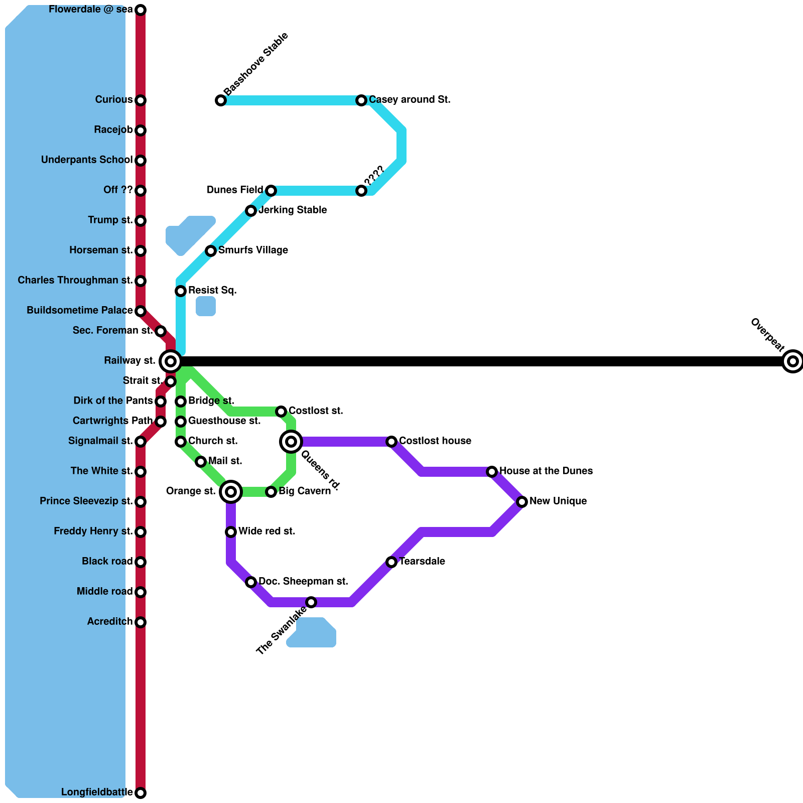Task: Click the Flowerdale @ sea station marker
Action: pyautogui.click(x=141, y=10)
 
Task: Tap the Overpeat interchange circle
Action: pyautogui.click(x=793, y=361)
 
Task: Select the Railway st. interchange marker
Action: pyautogui.click(x=171, y=361)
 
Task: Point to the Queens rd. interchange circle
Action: pyautogui.click(x=291, y=442)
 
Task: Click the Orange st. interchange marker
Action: pyautogui.click(x=231, y=492)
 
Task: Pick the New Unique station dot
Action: pyautogui.click(x=522, y=502)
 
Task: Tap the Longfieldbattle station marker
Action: pyautogui.click(x=141, y=793)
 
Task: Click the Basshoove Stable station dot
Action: pyautogui.click(x=221, y=100)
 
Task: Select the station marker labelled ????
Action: pyautogui.click(x=361, y=191)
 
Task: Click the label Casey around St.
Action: pyautogui.click(x=410, y=100)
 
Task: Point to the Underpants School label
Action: pyautogui.click(x=87, y=160)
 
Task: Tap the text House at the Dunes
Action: pyautogui.click(x=546, y=471)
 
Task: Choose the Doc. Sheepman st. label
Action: pyautogui.click(x=303, y=582)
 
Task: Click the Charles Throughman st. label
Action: pyautogui.click(x=75, y=281)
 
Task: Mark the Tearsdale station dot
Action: pyautogui.click(x=391, y=562)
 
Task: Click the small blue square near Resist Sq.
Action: pyautogui.click(x=206, y=306)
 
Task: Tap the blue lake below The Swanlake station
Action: pyautogui.click(x=314, y=633)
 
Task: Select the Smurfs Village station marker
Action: pyautogui.click(x=211, y=251)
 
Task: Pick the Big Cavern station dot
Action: pyautogui.click(x=271, y=492)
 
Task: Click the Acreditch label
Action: pyautogui.click(x=110, y=622)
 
